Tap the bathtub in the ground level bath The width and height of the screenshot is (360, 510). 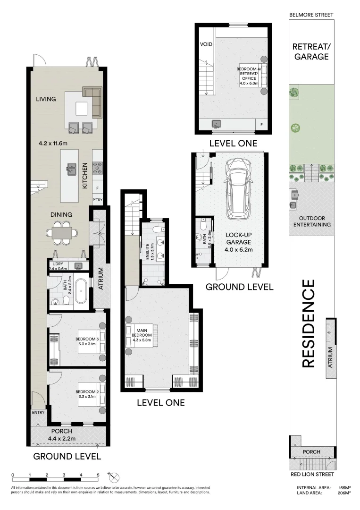pos(82,291)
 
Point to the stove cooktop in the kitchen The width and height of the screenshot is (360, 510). pos(98,166)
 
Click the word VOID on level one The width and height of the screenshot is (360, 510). pos(207,44)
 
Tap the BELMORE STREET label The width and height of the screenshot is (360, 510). pos(310,15)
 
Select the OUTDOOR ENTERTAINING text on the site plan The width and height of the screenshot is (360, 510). pos(311,221)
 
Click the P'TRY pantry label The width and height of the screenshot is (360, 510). pos(98,199)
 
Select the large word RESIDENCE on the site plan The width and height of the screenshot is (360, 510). pos(308,323)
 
